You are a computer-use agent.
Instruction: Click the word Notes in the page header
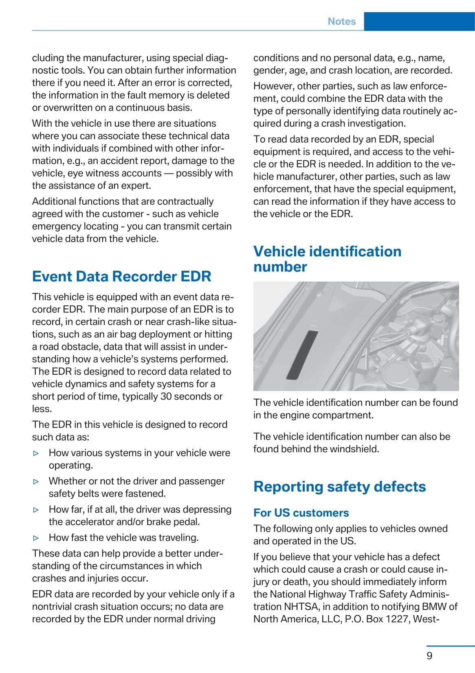tap(341, 21)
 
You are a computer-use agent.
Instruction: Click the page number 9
tap(429, 656)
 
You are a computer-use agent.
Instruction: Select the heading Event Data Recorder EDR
tap(121, 276)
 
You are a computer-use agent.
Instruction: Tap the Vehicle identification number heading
tap(327, 259)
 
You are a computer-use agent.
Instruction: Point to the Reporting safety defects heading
tap(339, 486)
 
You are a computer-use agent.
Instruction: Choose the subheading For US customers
tap(301, 513)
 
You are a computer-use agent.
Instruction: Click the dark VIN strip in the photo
tap(302, 355)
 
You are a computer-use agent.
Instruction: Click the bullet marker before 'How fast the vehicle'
tap(36, 538)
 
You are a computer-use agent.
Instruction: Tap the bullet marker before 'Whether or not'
tap(36, 481)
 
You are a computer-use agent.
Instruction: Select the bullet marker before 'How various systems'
tap(36, 453)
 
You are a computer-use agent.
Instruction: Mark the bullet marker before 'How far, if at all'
tap(36, 510)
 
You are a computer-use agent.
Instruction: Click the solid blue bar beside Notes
tap(419, 21)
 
